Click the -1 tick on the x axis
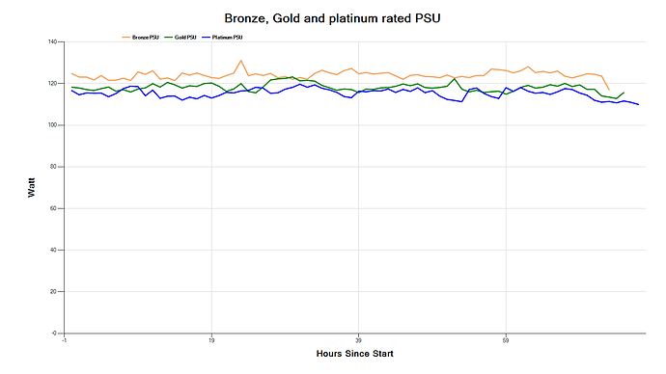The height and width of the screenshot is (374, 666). point(64,340)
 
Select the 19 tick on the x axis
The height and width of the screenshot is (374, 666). point(211,340)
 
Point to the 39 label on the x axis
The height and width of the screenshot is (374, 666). point(358,340)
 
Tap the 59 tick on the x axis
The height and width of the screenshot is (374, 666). point(506,340)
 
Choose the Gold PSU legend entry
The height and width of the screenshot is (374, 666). point(184,37)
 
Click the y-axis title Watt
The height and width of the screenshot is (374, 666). point(31,188)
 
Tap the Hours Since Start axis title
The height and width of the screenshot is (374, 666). point(354,355)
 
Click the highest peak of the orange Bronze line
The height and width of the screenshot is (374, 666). point(241,61)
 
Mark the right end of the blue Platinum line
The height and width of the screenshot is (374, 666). point(639,104)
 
